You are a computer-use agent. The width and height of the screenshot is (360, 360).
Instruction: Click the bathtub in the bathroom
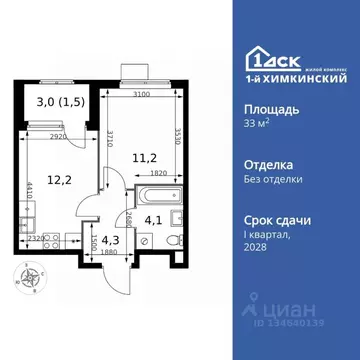pyautogui.click(x=156, y=194)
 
